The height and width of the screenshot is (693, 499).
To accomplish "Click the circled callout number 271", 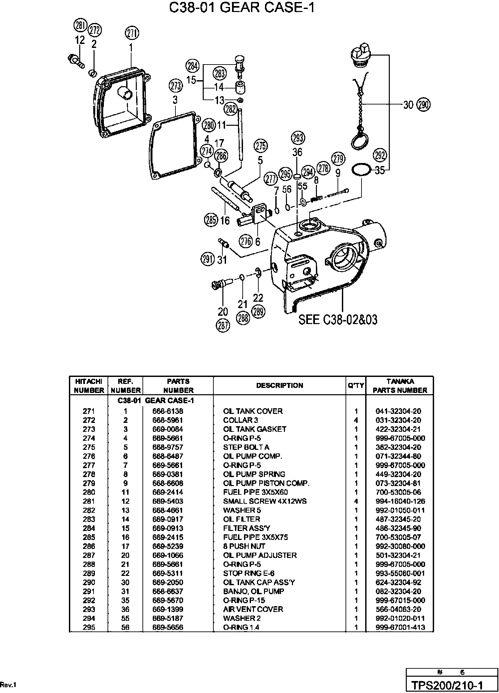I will (132, 33).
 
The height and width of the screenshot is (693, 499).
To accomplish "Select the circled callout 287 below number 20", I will (223, 325).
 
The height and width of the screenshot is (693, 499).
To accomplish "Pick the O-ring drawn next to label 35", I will (361, 170).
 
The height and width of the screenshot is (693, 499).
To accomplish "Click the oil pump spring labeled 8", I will (317, 199).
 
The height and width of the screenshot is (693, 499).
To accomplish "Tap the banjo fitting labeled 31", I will (223, 243).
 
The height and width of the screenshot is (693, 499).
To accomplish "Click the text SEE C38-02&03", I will (338, 320).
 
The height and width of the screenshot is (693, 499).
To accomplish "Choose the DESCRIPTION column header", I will (280, 385).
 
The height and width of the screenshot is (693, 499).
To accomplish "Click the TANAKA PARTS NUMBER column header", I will (400, 386).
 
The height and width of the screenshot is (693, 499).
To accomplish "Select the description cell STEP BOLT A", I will (246, 447).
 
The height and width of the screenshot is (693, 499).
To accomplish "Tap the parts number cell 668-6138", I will (168, 411).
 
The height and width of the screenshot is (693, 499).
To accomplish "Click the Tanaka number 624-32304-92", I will (398, 582).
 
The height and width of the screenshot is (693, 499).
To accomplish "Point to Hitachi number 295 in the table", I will (89, 627).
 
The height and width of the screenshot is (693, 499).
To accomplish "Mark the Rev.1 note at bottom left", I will (8, 685).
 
